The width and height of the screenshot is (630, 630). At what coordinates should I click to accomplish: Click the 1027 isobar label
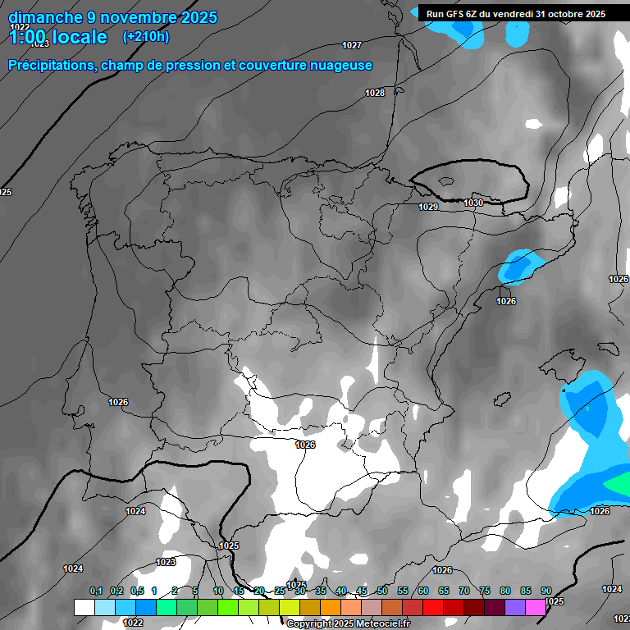click(352, 45)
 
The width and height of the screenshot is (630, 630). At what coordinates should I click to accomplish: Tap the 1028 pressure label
click(375, 93)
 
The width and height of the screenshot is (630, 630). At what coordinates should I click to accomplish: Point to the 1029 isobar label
click(428, 208)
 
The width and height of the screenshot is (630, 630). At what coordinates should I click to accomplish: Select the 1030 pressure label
click(473, 203)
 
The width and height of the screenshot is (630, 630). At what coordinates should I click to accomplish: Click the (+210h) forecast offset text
click(145, 36)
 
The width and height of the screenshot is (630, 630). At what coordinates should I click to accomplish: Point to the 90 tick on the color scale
click(546, 591)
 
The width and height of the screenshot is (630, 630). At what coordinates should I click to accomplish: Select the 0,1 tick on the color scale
click(95, 591)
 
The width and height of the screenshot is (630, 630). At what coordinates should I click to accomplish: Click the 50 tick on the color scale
click(382, 591)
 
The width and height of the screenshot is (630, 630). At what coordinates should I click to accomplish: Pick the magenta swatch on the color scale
click(536, 607)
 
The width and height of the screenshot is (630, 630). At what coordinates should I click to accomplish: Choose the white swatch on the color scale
click(84, 607)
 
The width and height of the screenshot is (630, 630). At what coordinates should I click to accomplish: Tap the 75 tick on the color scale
click(485, 591)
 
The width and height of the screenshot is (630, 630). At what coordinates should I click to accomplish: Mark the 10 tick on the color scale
click(218, 591)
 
